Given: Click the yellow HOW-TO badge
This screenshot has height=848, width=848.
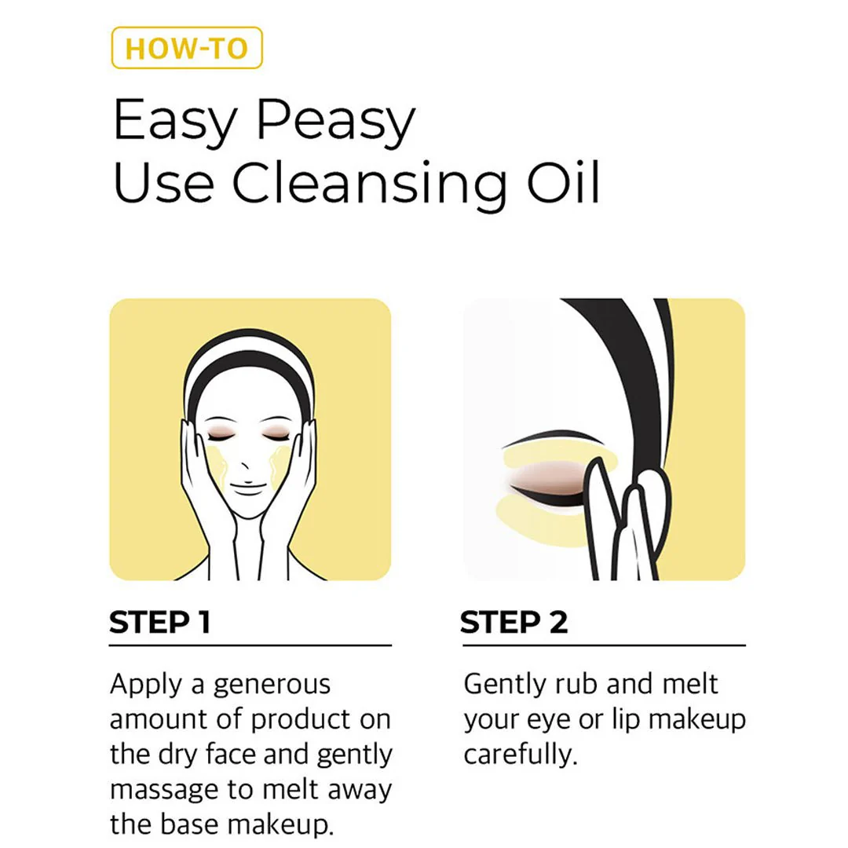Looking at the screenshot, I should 187,48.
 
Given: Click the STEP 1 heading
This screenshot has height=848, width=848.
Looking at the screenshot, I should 159,623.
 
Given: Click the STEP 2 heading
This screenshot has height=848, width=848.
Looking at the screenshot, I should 514,623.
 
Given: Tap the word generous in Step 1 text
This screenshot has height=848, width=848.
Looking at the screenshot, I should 272,685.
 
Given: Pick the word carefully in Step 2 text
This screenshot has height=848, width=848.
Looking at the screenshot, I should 520,755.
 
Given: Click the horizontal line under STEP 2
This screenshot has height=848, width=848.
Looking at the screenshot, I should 603,645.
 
